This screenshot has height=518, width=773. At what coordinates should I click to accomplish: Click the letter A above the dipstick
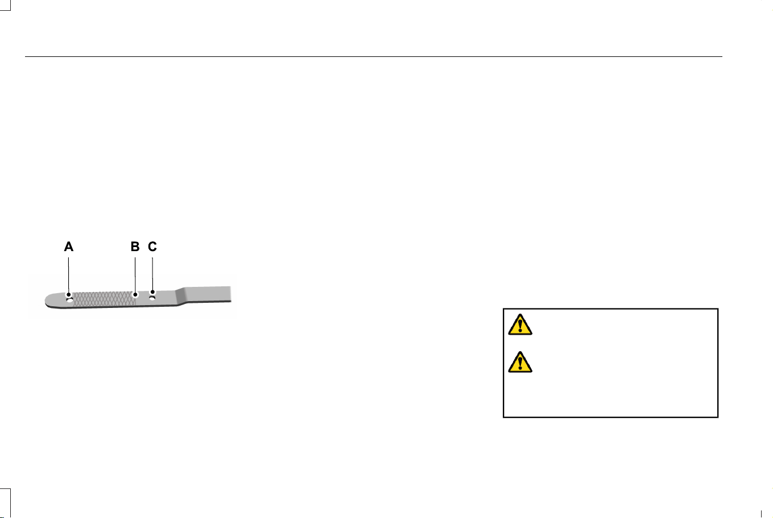coord(69,246)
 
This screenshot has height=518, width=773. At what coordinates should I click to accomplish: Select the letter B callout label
coord(135,246)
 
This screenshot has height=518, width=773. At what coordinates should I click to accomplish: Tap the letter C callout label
coord(152,246)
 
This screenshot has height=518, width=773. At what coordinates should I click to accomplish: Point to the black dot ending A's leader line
coord(69,294)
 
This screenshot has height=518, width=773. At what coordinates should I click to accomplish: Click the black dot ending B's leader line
coord(135,294)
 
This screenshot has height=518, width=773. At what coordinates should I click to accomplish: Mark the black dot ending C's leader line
coord(152,292)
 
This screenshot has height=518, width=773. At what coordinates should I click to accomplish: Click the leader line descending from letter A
coord(68,275)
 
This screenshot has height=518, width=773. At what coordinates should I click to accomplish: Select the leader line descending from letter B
coord(135,275)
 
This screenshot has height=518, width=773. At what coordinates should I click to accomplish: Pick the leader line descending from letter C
coord(152,274)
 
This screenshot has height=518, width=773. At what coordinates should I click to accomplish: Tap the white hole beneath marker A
coord(70,301)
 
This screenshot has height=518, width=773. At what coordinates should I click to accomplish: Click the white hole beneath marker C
coord(152,298)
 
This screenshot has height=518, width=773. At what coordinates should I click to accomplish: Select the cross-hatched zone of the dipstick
coord(104,299)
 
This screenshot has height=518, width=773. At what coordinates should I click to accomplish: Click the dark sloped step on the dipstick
coord(181,296)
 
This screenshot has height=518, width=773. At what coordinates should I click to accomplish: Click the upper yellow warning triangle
coord(520,324)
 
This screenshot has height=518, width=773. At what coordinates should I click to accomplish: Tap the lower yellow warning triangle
coord(520,362)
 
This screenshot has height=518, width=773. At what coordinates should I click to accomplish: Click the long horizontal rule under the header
coord(373,56)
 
